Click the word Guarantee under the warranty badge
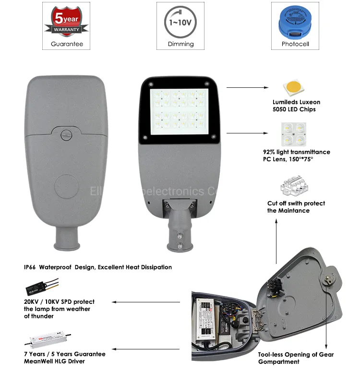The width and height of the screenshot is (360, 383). pos(67,44)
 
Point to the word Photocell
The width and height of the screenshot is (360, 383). pos(295,44)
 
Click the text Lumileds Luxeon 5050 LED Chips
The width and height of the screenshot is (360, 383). pos(296,105)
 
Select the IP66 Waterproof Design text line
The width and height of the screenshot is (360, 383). pos(97,267)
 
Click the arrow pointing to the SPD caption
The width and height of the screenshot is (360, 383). pos(146,302)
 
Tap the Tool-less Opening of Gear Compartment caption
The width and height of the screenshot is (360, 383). pos(296,358)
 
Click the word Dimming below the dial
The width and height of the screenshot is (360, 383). pos(180,44)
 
